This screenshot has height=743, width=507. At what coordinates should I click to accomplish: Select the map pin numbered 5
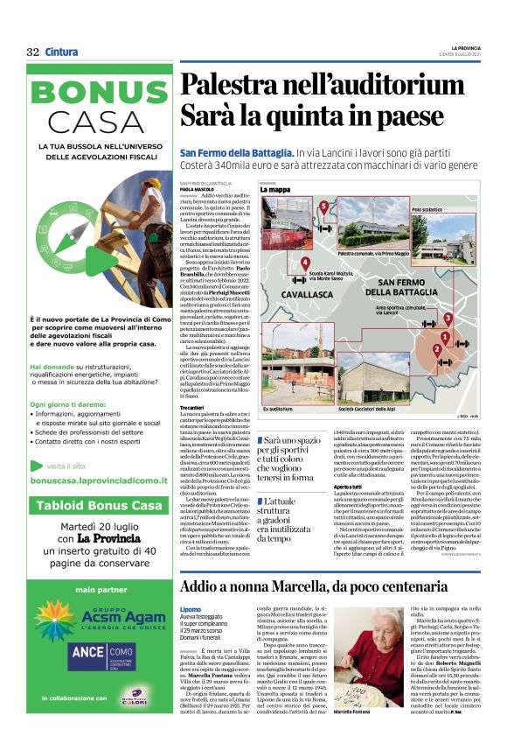pos(324,207)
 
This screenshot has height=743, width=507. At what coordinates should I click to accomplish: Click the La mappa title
pos(274,189)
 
